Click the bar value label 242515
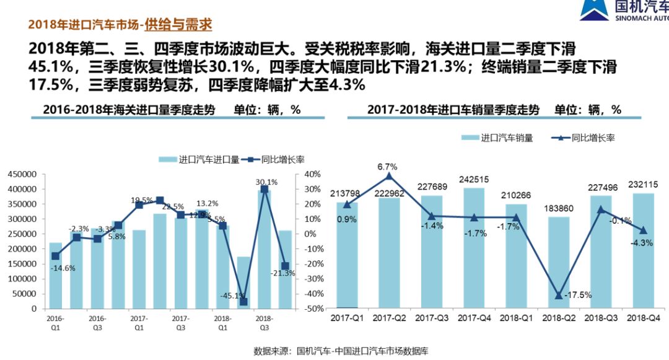[474, 180]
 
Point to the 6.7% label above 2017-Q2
[387, 167]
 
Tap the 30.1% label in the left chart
[266, 182]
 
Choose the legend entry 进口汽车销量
[497, 138]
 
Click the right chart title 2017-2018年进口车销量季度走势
[453, 110]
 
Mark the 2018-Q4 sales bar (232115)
[643, 250]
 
